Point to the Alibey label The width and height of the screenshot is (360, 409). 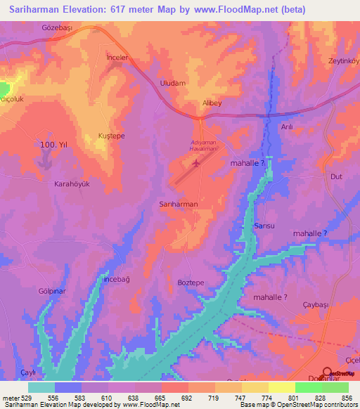pyautogui.click(x=212, y=102)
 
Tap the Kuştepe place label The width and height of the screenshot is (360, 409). pyautogui.click(x=111, y=136)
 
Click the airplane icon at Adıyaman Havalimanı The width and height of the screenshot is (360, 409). pyautogui.click(x=195, y=163)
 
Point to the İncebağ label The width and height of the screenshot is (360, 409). pyautogui.click(x=117, y=279)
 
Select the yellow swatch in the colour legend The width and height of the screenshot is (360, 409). pyautogui.click(x=281, y=387)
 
